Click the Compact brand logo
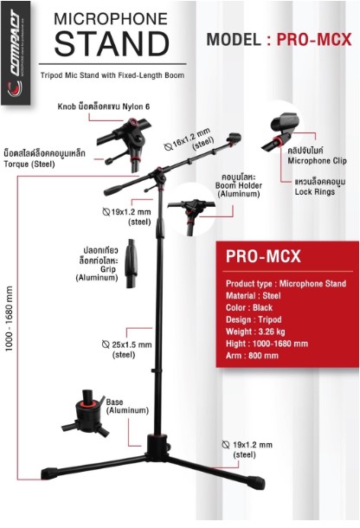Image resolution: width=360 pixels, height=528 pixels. pos(16,53)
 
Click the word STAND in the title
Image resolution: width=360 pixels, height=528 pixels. pos(112,44)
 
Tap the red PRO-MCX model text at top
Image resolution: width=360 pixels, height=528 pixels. pos(314,40)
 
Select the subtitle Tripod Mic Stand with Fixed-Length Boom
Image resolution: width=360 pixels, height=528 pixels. pos(112,75)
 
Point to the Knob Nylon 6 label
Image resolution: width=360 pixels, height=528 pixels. pos(104,106)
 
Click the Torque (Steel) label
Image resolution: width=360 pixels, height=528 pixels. pos(29,164)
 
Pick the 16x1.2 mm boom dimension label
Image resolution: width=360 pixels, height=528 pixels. pos(190,140)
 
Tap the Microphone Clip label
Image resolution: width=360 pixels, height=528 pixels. pos(317,161)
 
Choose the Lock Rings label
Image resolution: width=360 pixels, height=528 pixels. pos(315,192)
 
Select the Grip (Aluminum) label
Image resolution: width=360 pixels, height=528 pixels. pos(97,274)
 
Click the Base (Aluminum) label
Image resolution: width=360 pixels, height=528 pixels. pos(127,406)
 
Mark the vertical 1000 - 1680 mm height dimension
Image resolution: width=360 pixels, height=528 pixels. pos(10,319)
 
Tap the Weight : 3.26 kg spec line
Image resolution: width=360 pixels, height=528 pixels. pos(255,332)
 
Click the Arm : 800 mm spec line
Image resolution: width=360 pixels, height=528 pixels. pos(252,356)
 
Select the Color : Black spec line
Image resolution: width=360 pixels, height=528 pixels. pos(249,308)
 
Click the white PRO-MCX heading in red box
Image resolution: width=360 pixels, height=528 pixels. pos(263,256)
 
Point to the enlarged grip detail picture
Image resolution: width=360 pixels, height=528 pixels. pos(132,263)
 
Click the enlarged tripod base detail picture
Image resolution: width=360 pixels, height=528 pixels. pos(86,413)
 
